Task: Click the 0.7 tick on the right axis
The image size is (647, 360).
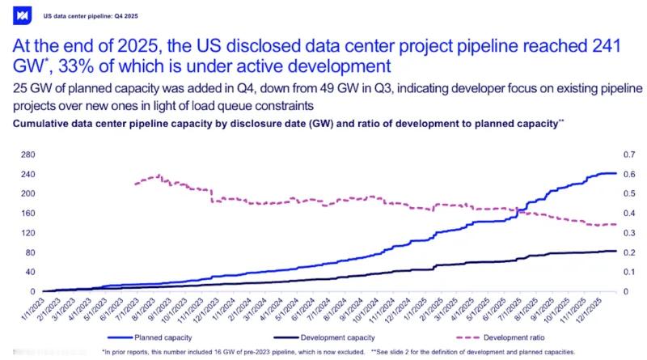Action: click(625, 155)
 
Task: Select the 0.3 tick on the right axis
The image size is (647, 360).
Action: click(625, 232)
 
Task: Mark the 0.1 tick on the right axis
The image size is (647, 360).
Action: click(625, 271)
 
